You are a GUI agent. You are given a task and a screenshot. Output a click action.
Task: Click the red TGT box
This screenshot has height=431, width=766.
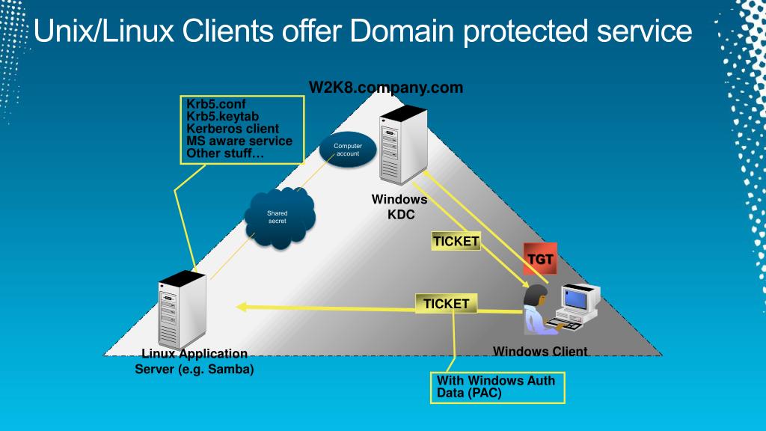click(541, 260)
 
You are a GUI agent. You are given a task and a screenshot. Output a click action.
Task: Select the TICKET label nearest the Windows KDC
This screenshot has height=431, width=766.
click(456, 241)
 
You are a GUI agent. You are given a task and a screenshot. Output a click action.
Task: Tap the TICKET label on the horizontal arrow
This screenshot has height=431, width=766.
click(446, 304)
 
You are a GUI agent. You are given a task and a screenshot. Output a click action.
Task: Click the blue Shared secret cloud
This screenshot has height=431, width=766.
click(278, 216)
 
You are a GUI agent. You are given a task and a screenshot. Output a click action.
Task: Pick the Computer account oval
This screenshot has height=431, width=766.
click(348, 150)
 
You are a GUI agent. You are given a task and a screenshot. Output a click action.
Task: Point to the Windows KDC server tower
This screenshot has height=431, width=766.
click(402, 147)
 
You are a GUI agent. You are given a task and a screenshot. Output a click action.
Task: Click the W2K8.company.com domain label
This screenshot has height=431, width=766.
click(386, 88)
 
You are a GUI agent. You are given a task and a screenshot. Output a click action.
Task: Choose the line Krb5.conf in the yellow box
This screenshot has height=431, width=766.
click(216, 104)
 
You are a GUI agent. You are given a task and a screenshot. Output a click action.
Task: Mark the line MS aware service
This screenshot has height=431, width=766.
click(239, 141)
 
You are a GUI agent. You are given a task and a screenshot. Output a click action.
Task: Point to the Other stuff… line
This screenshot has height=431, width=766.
click(225, 153)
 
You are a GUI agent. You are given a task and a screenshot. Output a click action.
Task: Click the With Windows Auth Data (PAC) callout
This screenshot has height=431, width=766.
click(497, 387)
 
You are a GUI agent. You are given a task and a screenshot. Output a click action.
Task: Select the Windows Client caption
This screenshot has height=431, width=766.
click(540, 351)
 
